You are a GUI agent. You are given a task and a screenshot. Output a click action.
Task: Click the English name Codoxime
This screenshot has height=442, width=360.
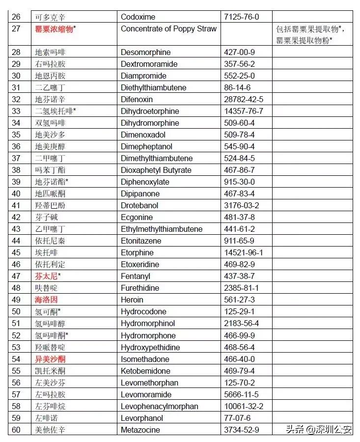pos(138,17)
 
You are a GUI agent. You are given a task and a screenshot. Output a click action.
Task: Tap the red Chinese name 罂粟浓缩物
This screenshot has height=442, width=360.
pos(54,29)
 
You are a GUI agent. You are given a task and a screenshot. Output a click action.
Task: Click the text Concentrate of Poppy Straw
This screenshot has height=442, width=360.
pos(168,28)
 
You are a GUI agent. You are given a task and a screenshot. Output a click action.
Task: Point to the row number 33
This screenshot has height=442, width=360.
pos(16,111)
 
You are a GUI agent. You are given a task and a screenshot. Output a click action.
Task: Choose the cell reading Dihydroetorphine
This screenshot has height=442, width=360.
pos(150,111)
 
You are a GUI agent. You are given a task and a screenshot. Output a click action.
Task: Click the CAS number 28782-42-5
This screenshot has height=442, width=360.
pos(244,99)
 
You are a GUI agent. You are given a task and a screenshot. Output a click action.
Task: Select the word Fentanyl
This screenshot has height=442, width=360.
pos(136,276)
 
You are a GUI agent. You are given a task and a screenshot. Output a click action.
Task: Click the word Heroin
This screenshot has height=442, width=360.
pos(132,300)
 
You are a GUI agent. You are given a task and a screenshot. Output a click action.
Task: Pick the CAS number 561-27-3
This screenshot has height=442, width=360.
pos(239,300)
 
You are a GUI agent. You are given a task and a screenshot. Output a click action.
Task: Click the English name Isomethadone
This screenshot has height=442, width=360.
pos(145,359)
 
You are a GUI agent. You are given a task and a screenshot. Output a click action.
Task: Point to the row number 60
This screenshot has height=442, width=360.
pos(16,430)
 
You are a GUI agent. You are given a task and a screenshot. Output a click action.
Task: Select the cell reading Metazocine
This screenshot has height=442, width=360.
pos(140,430)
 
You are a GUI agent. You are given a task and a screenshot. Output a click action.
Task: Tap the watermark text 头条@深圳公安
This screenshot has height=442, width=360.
pos(319,429)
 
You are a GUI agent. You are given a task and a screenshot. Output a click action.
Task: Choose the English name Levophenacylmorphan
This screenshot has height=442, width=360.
pos(160,407)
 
